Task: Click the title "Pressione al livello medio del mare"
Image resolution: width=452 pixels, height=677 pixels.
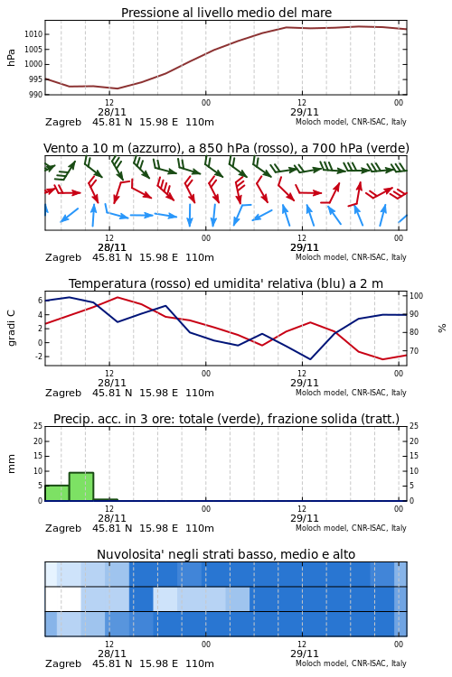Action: [x=226, y=13]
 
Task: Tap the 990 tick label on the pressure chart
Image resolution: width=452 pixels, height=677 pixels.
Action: [x=36, y=95]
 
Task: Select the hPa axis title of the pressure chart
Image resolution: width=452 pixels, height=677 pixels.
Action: [x=11, y=58]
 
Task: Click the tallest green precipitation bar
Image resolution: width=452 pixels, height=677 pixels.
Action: [x=81, y=487]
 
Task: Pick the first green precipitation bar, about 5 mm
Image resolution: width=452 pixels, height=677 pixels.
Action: [x=57, y=493]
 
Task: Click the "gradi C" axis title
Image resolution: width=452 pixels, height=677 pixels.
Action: [x=11, y=328]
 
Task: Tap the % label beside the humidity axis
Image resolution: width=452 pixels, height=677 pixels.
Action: [x=442, y=329]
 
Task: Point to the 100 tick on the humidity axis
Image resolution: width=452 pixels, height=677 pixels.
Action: [x=416, y=296]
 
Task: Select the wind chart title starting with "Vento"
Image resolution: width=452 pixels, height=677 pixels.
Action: [x=226, y=148]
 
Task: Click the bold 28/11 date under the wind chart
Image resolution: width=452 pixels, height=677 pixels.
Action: [x=112, y=247]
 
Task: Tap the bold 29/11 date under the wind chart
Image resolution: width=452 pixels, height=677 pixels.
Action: [x=305, y=247]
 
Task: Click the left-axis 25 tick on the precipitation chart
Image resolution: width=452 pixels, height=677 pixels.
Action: [x=38, y=426]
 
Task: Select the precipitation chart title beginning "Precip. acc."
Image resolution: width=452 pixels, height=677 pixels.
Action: [x=226, y=419]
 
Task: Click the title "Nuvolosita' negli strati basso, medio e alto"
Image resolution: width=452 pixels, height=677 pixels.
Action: [x=226, y=554]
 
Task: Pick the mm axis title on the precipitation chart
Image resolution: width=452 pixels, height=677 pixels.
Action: [x=11, y=464]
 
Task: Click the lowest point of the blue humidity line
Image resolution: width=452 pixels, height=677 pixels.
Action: [x=310, y=359]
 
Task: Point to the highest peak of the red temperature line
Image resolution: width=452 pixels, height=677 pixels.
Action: [x=118, y=297]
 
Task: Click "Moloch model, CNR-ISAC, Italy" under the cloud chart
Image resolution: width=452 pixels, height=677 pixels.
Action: [x=352, y=663]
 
